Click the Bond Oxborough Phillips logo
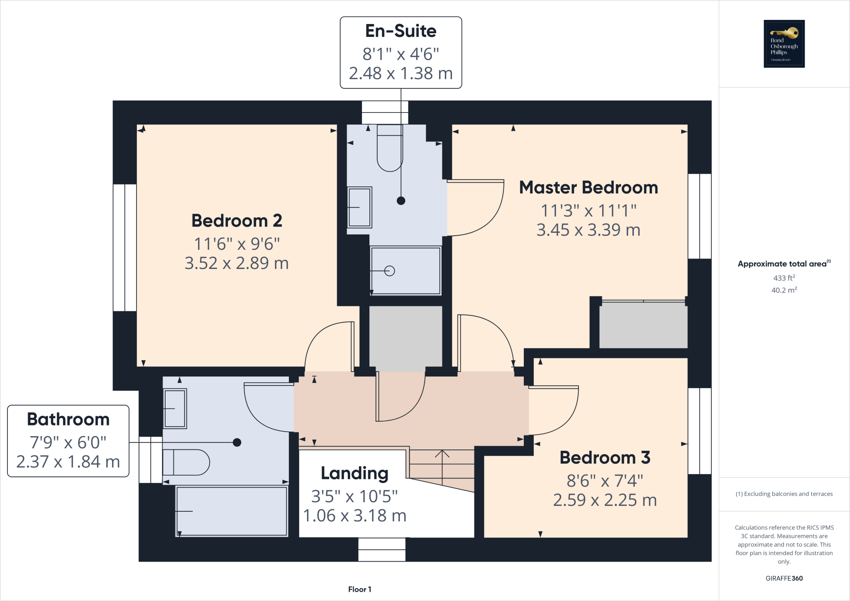point(784,44)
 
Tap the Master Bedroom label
point(588,188)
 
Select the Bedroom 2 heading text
point(237,220)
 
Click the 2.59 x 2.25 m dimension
point(605,500)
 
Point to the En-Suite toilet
point(390,149)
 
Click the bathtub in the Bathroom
point(232,511)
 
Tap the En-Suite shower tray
point(405,271)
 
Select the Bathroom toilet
point(186,462)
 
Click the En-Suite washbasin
point(359,207)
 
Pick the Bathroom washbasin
point(175,409)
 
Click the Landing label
point(354,473)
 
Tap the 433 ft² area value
point(784,278)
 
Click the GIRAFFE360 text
point(784,578)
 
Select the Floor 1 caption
point(359,589)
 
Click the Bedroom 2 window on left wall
point(125,247)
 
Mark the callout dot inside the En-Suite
point(401,201)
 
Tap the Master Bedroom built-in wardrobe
point(643,325)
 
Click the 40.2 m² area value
point(784,290)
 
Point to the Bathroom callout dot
point(237,442)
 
